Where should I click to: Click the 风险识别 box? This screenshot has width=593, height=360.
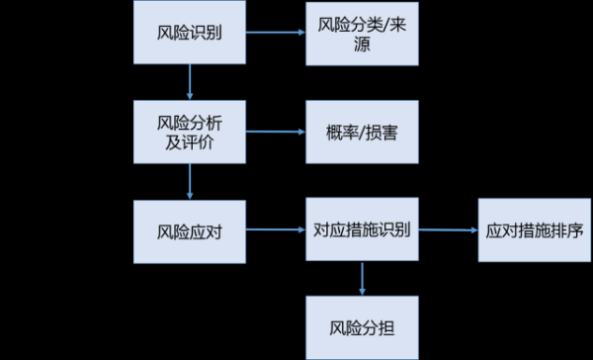[x=190, y=33]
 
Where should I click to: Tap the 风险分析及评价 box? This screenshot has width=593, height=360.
[x=190, y=132]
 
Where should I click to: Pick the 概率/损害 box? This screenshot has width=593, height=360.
[x=361, y=132]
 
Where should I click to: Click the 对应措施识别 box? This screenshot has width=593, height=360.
[x=361, y=230]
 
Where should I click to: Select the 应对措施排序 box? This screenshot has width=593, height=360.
[x=534, y=230]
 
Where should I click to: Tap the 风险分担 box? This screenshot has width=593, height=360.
[x=361, y=326]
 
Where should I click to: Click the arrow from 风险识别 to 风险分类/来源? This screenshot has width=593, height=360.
[x=275, y=33]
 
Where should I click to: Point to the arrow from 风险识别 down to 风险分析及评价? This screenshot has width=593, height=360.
[x=190, y=82]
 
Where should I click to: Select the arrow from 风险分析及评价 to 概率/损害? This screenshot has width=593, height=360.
[x=275, y=132]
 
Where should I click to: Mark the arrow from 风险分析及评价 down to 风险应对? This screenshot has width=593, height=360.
[x=190, y=181]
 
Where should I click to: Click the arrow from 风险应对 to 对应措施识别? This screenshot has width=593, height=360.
[x=275, y=230]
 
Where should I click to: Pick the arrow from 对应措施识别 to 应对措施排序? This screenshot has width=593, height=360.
[x=448, y=230]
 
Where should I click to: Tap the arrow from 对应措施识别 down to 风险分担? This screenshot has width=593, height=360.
[x=361, y=278]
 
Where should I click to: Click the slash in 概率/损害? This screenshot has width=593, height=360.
[x=362, y=132]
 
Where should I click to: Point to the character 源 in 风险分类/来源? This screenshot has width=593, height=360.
[x=361, y=45]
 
